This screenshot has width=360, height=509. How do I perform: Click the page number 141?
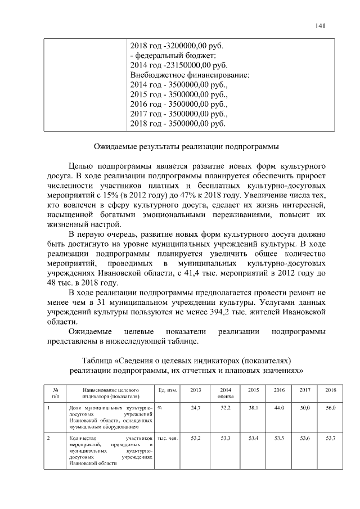[321, 25]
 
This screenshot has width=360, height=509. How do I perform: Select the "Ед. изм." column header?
[168, 390]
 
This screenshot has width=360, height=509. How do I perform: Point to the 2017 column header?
[305, 390]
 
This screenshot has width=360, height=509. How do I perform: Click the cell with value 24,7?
[196, 407]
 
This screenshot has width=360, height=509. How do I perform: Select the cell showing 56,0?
[330, 407]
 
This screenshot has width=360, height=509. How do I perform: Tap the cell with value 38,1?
[253, 407]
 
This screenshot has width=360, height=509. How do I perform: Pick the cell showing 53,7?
[330, 437]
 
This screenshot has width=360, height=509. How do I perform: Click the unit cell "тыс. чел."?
[168, 437]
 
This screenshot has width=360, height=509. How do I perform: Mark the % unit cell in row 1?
[160, 407]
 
